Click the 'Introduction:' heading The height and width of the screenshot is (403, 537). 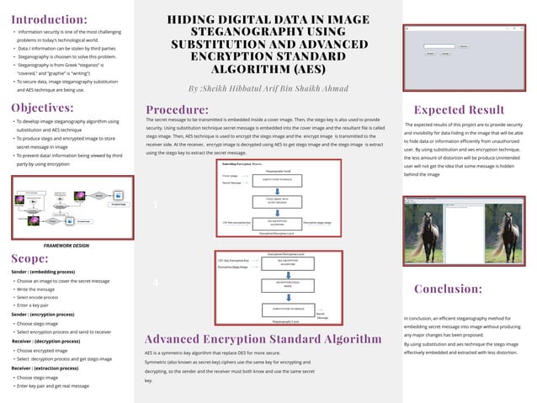pos(49,19)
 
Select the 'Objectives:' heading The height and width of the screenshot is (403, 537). pos(42,108)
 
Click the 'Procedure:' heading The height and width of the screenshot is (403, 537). pos(177,109)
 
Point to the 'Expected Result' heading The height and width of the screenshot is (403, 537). pos(460,109)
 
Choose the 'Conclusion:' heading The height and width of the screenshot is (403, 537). pos(449,289)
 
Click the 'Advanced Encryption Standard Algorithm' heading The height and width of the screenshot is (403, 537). pos(263,338)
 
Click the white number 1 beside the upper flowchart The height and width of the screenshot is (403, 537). pos(156,205)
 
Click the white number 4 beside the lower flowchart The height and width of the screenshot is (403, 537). pos(156,284)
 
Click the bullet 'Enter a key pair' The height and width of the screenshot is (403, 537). pos(37,305)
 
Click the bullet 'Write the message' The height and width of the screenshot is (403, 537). pos(40,289)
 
